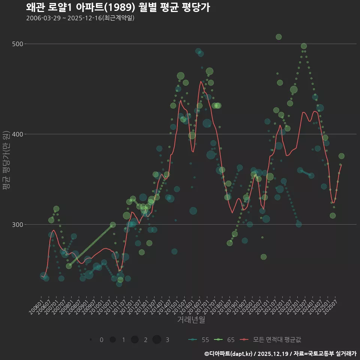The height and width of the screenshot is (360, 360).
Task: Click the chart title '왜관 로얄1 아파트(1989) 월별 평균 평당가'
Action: (x=118, y=7)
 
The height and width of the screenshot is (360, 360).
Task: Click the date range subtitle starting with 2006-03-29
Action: (x=80, y=18)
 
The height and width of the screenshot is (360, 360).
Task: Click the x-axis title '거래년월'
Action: (x=191, y=320)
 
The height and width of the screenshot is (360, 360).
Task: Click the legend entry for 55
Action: (x=199, y=340)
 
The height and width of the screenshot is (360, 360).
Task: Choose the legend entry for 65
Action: (x=224, y=340)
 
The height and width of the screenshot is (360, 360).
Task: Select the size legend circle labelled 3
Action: (x=157, y=340)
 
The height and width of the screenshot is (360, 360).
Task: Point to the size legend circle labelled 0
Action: (x=91, y=340)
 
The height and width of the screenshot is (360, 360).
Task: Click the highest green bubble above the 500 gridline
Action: (x=279, y=37)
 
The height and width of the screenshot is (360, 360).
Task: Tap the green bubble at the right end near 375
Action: (x=341, y=156)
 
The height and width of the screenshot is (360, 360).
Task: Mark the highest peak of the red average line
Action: (x=202, y=81)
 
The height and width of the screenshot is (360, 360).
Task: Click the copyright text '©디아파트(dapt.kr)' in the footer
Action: (x=228, y=354)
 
